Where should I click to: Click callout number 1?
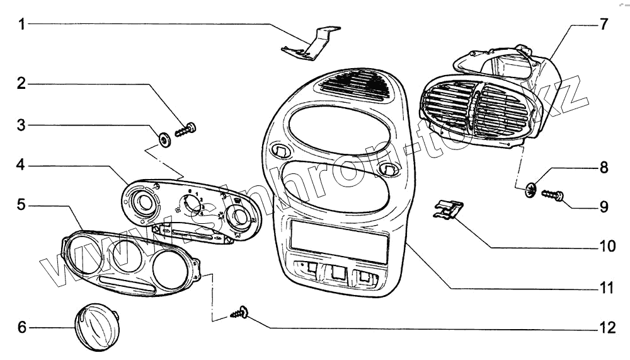pos(22,25)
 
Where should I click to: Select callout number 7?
pos(604,25)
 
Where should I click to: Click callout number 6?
pos(22,327)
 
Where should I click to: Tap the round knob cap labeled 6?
pos(97,324)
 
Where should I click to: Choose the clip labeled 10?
pos(449,209)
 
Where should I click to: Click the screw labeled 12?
pos(241,312)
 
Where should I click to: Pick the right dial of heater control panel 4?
pos(239,218)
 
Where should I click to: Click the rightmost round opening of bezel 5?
pos(170,269)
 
